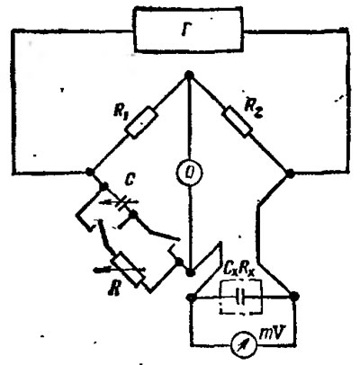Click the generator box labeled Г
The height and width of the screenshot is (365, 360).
click(188, 31)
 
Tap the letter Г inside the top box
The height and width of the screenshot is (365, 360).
click(186, 30)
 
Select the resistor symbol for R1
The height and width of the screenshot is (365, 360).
click(141, 122)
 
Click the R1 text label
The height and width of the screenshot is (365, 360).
click(121, 111)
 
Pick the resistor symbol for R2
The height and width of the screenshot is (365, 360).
click(237, 121)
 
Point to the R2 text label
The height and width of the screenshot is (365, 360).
click(254, 106)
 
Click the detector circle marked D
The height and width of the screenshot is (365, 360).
click(189, 173)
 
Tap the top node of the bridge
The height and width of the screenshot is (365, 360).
click(189, 75)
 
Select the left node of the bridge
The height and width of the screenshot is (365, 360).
click(89, 172)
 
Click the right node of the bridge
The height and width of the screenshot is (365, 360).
click(290, 174)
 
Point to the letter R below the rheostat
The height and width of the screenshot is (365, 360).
click(114, 289)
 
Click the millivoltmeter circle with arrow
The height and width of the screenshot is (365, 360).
click(244, 344)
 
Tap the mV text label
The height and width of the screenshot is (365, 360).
click(271, 334)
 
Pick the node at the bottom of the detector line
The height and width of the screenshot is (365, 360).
click(190, 272)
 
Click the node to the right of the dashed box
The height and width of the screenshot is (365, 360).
click(294, 297)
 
